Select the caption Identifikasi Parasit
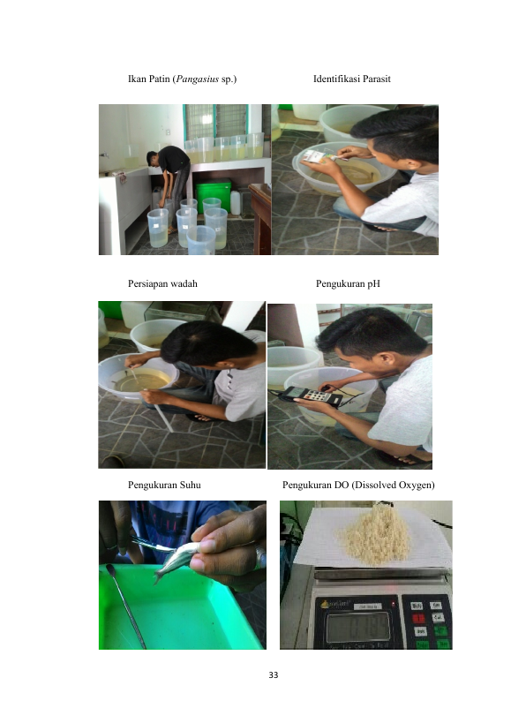(x=351, y=79)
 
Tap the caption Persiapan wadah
(x=162, y=283)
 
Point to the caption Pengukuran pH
(x=348, y=283)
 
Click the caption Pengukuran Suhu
(x=164, y=485)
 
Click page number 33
(x=274, y=675)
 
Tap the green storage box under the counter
(x=214, y=196)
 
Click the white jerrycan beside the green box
(x=236, y=203)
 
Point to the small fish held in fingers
(x=177, y=560)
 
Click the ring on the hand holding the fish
(x=260, y=556)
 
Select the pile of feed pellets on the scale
(x=374, y=537)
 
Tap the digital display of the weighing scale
(x=358, y=626)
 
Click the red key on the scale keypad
(x=418, y=618)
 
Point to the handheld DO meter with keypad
(x=311, y=396)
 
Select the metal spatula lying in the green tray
(x=126, y=605)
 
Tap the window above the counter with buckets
(x=216, y=121)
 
